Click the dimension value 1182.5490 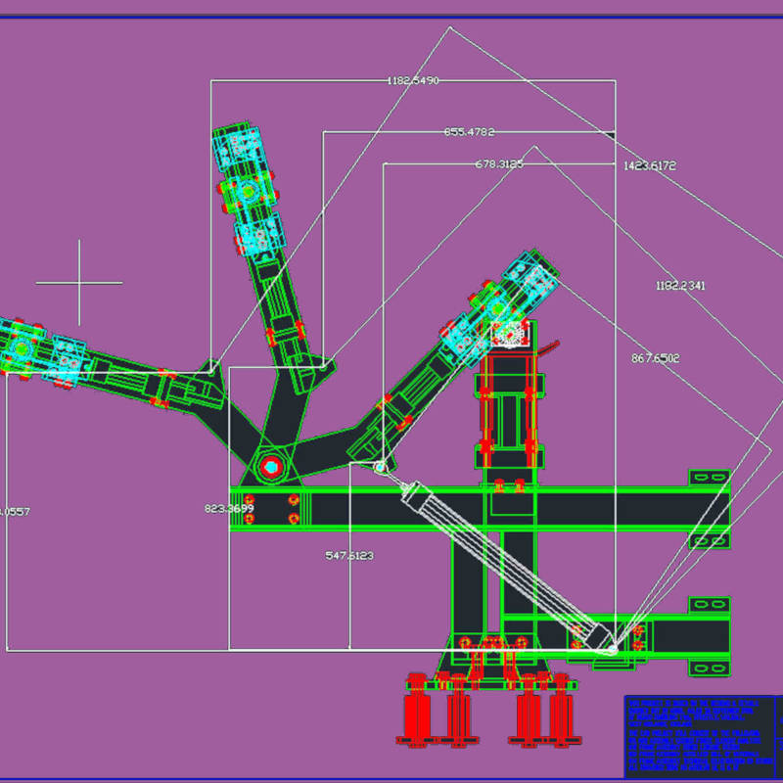pyautogui.click(x=412, y=80)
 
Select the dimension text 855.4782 pyautogui.click(x=469, y=131)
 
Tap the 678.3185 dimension pyautogui.click(x=499, y=163)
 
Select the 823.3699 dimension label pyautogui.click(x=229, y=508)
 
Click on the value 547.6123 pyautogui.click(x=349, y=555)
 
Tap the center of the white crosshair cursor pyautogui.click(x=79, y=283)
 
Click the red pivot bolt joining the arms pyautogui.click(x=271, y=467)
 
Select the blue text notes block pyautogui.click(x=694, y=735)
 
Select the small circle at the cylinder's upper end pyautogui.click(x=381, y=468)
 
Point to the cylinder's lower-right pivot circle pyautogui.click(x=612, y=647)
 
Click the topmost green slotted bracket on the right pyautogui.click(x=709, y=478)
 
